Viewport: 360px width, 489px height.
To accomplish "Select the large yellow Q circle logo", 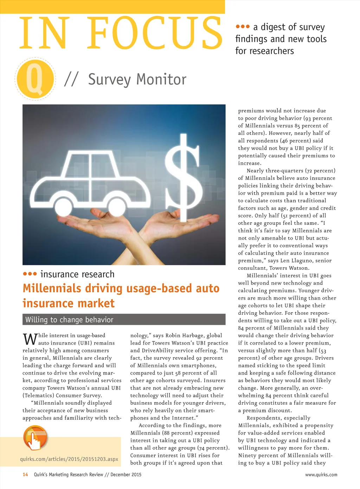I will pyautogui.click(x=35, y=79).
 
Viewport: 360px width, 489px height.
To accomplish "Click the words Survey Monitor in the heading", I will pyautogui.click(x=137, y=79).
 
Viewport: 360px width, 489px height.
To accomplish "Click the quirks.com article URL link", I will pyautogui.click(x=69, y=459).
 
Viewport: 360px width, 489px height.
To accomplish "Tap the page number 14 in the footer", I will pyautogui.click(x=25, y=475).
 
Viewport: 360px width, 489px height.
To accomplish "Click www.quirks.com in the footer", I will pyautogui.click(x=321, y=475).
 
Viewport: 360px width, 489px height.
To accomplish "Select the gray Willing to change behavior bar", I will pyautogui.click(x=124, y=320).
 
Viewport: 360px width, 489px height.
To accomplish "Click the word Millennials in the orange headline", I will pyautogui.click(x=52, y=288).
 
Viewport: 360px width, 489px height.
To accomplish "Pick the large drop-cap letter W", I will pyautogui.click(x=30, y=339).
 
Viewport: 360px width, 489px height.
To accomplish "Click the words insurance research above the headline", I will pyautogui.click(x=77, y=274).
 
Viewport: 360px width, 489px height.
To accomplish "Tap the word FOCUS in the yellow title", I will pyautogui.click(x=155, y=33).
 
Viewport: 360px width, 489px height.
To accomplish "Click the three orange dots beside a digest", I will pyautogui.click(x=243, y=27).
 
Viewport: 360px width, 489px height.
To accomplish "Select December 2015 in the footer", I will pyautogui.click(x=126, y=475).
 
